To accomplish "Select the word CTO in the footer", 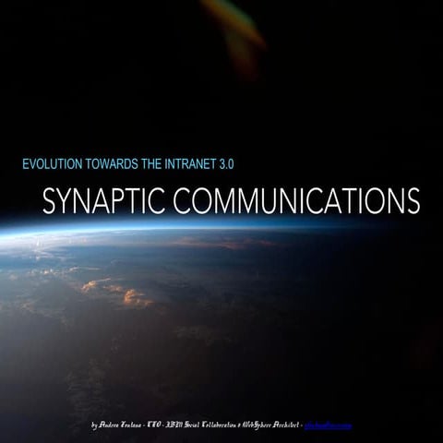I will pyautogui.click(x=165, y=425).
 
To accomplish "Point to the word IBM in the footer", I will pyautogui.click(x=186, y=425).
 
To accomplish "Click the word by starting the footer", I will pyautogui.click(x=96, y=425).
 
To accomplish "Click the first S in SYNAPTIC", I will pyautogui.click(x=50, y=200).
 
